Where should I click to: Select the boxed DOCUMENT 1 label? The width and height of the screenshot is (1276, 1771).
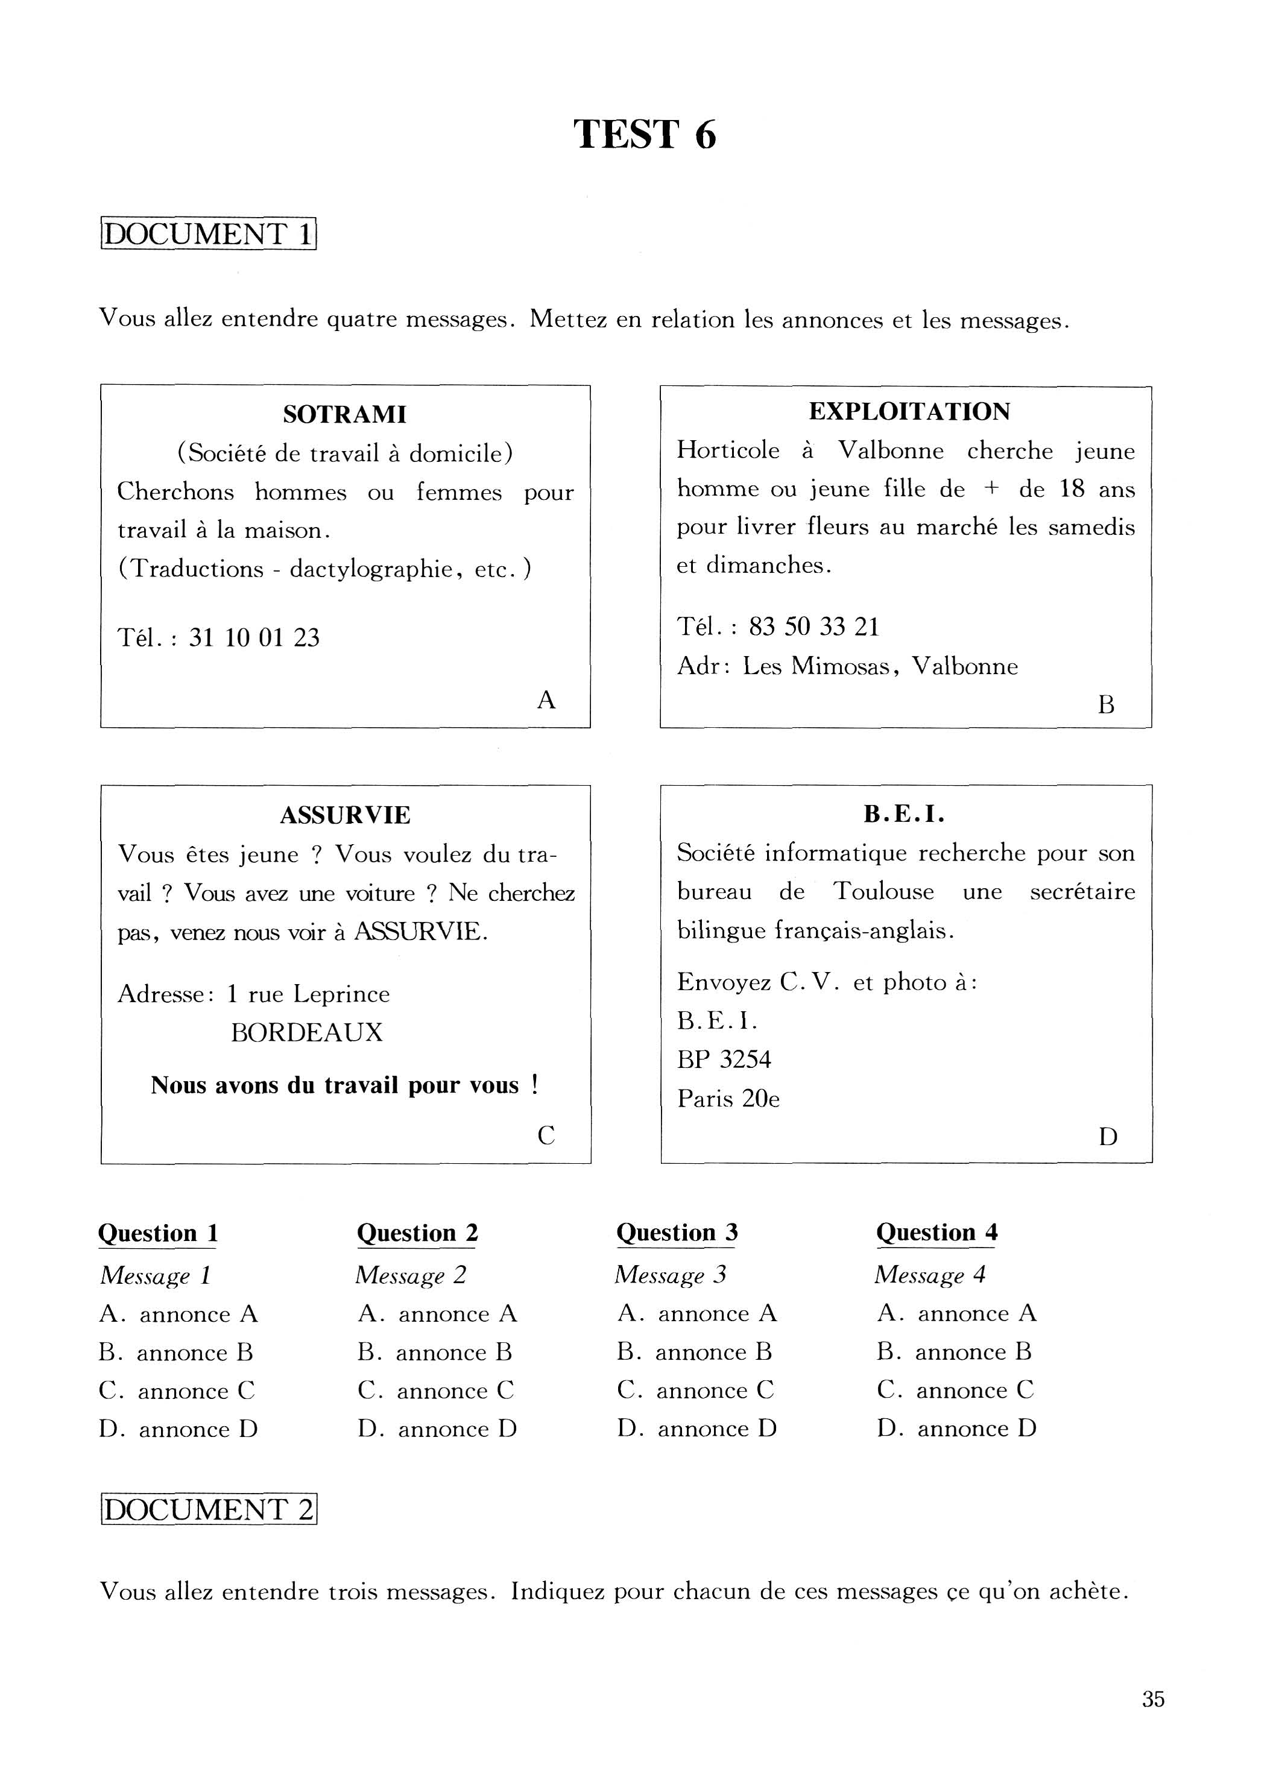point(207,234)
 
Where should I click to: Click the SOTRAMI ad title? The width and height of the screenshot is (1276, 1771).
point(344,415)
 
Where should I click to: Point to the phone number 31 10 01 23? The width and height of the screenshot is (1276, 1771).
point(254,638)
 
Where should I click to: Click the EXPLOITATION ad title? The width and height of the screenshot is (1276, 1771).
point(909,411)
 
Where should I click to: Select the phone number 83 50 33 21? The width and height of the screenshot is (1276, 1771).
point(813,627)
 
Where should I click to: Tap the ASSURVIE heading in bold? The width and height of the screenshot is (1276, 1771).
point(344,815)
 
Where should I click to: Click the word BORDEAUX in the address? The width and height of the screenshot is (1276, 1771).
point(307,1032)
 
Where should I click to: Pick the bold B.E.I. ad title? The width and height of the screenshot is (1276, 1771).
point(905,815)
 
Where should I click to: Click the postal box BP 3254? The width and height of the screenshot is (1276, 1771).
point(724,1059)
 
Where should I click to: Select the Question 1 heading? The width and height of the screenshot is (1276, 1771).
point(158,1233)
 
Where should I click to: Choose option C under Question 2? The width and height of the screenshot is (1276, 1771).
point(436,1391)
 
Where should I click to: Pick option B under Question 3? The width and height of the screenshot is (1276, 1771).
point(694,1352)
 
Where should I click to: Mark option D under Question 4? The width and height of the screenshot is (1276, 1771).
point(956,1429)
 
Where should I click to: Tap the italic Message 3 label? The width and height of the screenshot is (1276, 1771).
point(670,1274)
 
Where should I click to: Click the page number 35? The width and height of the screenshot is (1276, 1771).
point(1152,1699)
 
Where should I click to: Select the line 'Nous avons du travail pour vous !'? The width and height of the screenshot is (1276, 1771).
point(344,1085)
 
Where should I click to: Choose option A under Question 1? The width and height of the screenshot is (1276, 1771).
point(178,1314)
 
